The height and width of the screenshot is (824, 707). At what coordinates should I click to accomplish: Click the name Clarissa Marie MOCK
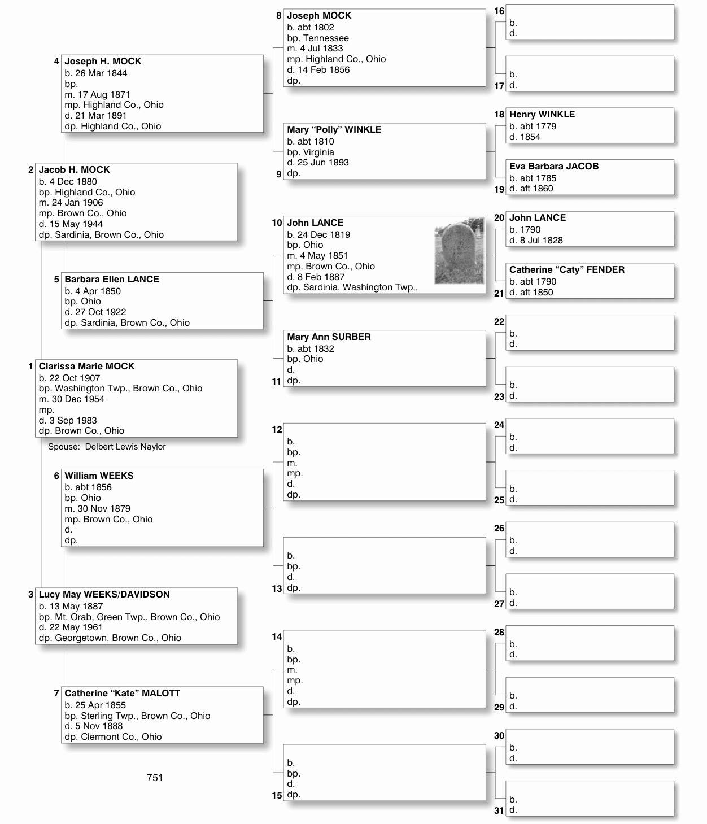(x=86, y=367)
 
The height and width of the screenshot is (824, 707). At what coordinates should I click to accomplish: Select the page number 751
(x=155, y=778)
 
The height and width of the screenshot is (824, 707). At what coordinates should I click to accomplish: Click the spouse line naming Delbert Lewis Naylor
(x=107, y=447)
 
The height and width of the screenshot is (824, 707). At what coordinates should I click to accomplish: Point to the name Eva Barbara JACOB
(x=553, y=167)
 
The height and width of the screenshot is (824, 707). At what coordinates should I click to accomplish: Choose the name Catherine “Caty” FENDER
(x=566, y=270)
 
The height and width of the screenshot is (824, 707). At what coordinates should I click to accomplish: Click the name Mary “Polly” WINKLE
(x=334, y=130)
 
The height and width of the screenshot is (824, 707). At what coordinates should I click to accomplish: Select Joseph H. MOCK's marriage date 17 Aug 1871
(x=104, y=95)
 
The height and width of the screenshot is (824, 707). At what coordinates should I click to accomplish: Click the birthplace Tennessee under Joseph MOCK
(x=326, y=38)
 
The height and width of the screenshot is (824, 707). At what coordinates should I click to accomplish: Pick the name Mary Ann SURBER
(x=329, y=337)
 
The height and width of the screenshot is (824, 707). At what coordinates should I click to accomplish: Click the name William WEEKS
(x=99, y=476)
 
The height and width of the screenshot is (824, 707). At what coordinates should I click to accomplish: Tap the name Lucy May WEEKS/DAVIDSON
(x=104, y=595)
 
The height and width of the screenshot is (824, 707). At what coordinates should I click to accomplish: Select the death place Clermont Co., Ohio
(x=121, y=737)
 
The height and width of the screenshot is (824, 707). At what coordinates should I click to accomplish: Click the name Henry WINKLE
(x=542, y=115)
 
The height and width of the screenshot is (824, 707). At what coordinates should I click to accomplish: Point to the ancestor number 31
(x=499, y=810)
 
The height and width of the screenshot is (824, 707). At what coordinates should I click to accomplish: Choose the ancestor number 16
(x=499, y=11)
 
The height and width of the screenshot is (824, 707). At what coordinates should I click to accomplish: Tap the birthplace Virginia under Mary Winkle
(x=318, y=152)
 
